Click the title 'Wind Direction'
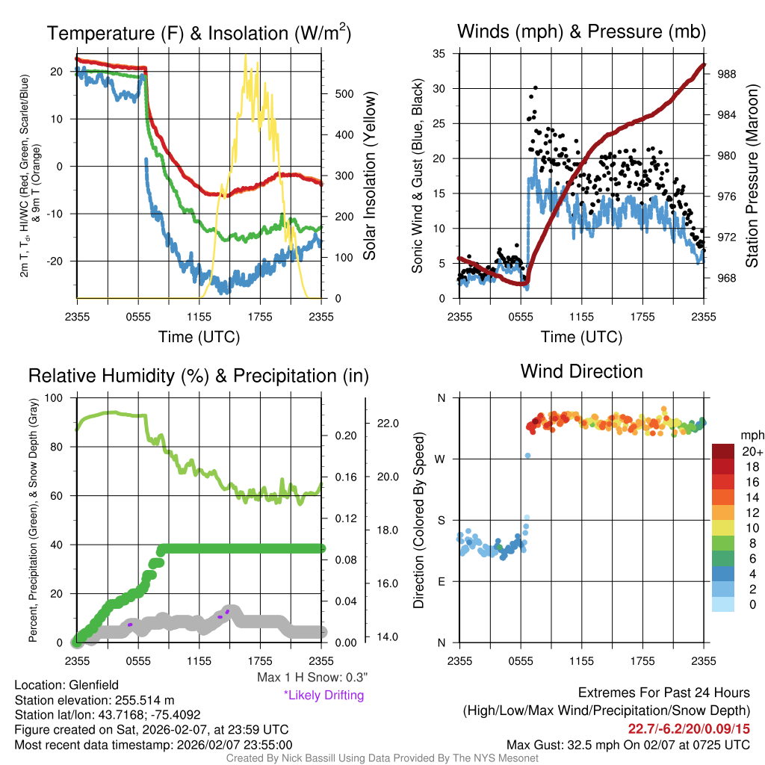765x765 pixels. coord(581,371)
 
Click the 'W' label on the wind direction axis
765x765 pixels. coord(441,459)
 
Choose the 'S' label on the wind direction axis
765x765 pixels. coord(441,520)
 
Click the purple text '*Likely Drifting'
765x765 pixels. coord(323,695)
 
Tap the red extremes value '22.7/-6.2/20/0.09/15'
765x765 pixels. coord(690,728)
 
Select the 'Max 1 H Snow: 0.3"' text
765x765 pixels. coord(312,678)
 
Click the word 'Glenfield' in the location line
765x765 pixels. coord(94,684)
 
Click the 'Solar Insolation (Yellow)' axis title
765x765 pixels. coord(369,176)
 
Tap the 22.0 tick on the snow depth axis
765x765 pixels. coord(391,424)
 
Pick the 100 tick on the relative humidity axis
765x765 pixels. coord(55,397)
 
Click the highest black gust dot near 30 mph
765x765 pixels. coord(535,88)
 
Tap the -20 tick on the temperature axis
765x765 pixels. coord(55,261)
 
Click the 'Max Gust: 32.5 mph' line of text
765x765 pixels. coord(628,744)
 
